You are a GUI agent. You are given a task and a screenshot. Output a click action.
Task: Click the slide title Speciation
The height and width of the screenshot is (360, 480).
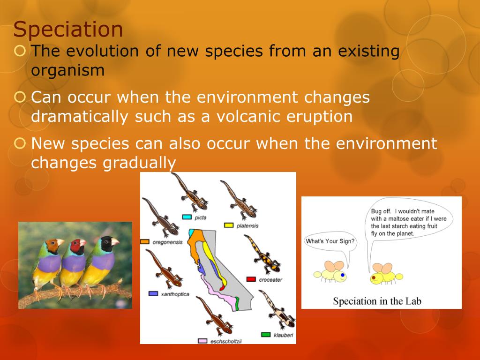click(x=68, y=30)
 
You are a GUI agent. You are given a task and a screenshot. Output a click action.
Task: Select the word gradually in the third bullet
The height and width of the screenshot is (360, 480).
click(x=139, y=163)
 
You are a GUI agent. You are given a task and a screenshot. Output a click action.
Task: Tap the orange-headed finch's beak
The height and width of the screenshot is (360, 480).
click(x=60, y=242)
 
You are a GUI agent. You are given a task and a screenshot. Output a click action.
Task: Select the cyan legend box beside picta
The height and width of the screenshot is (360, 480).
click(x=187, y=217)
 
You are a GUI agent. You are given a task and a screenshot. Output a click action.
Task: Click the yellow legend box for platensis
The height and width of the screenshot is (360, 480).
click(x=229, y=225)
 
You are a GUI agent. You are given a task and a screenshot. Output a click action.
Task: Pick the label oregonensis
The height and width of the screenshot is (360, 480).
click(x=167, y=242)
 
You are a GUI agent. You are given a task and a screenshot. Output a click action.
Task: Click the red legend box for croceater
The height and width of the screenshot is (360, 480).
click(x=251, y=279)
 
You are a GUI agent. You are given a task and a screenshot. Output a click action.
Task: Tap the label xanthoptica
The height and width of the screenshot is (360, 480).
click(x=175, y=294)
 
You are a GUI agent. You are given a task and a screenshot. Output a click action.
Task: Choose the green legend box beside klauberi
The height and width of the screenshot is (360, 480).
click(x=266, y=335)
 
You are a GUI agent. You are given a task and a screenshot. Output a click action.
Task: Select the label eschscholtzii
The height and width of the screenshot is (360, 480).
click(x=226, y=341)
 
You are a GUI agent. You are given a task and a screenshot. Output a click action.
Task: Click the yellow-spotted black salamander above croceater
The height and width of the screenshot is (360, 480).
click(x=262, y=254)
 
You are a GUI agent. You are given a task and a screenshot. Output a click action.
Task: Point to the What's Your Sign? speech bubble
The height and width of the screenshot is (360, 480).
click(x=330, y=243)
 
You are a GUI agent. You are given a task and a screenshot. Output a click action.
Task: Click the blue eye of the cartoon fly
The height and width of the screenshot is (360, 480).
click(x=343, y=275)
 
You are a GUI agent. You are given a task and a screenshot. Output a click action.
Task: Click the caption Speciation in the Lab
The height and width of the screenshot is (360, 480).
click(x=377, y=301)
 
